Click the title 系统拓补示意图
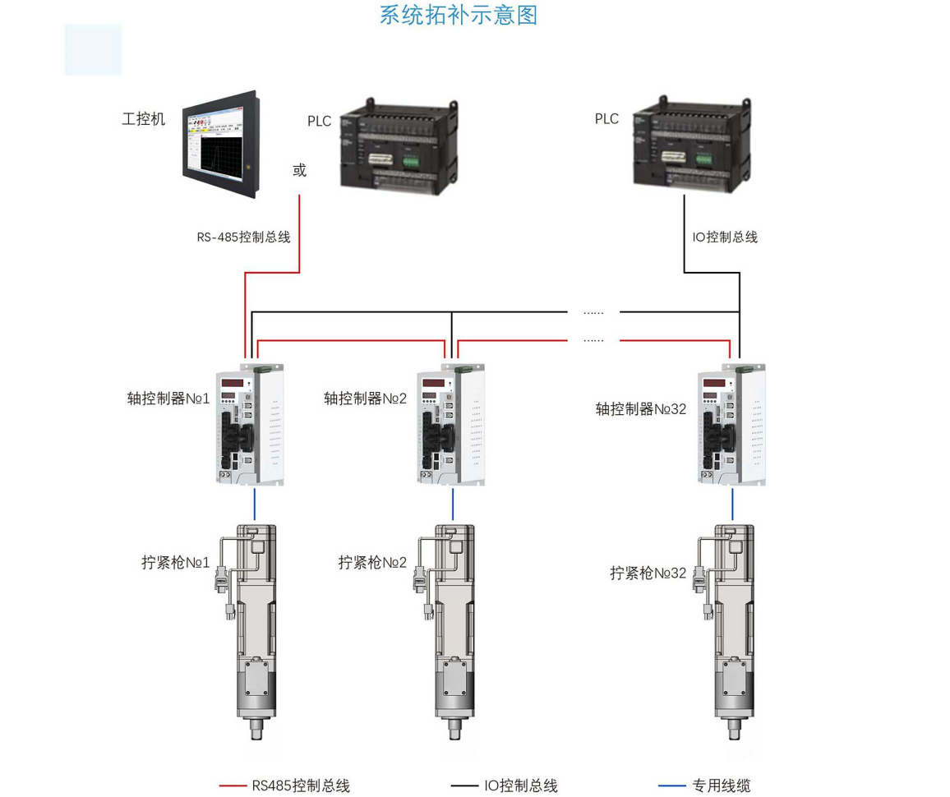coord(458,15)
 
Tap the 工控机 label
coord(144,119)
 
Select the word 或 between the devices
coord(299,170)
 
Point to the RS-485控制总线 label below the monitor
coord(243,237)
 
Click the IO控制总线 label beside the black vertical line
coord(724,237)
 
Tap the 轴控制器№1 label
coord(168,398)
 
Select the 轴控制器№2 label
coord(366,398)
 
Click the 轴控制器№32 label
coord(641,408)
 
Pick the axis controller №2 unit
coord(450,425)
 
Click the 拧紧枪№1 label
coord(176,563)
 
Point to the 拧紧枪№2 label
coord(373,563)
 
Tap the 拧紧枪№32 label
coord(648,573)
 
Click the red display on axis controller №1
coord(233,383)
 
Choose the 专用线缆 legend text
coord(722,785)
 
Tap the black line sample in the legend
coord(463,785)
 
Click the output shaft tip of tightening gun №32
coord(734,727)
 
